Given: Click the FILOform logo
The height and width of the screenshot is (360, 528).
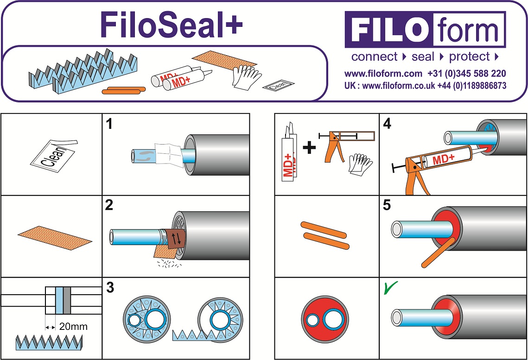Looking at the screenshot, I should tap(425, 30).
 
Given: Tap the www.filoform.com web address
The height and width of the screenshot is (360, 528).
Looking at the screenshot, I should tap(383, 74).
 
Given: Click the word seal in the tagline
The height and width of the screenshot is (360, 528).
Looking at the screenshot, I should tap(423, 57).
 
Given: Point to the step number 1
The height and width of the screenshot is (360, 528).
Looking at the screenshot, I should tap(109, 124).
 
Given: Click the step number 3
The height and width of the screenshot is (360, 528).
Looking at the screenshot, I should tap(110, 288).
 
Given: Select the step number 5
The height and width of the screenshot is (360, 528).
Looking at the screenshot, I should tap(387, 206).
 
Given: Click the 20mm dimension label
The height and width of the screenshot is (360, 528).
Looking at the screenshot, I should tap(73, 327).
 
